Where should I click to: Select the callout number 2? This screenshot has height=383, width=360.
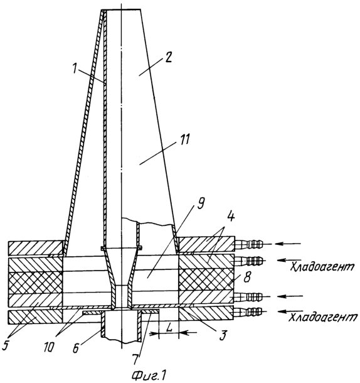tap(167, 57)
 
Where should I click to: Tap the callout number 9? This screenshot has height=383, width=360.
tap(200, 203)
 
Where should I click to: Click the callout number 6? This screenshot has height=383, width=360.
tap(76, 348)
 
